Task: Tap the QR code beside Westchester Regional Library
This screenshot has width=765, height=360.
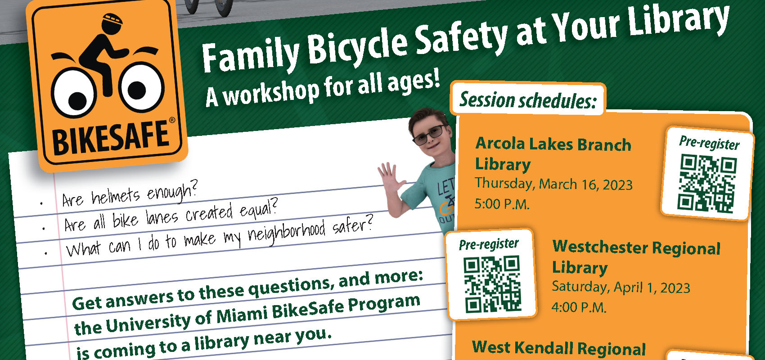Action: click(x=492, y=284)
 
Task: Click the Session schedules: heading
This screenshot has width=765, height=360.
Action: click(x=528, y=100)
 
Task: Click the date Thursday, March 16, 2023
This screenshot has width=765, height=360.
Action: click(x=553, y=184)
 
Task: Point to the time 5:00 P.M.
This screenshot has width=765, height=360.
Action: click(x=502, y=204)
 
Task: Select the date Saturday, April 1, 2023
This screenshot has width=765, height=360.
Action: click(x=621, y=287)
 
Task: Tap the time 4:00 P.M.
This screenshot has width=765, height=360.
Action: click(x=579, y=307)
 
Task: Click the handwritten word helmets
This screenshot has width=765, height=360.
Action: click(x=116, y=196)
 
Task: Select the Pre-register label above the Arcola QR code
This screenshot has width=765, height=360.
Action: click(x=709, y=143)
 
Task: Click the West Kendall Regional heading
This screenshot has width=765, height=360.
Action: click(x=559, y=348)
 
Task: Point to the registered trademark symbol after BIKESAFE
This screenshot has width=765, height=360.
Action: click(x=172, y=120)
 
